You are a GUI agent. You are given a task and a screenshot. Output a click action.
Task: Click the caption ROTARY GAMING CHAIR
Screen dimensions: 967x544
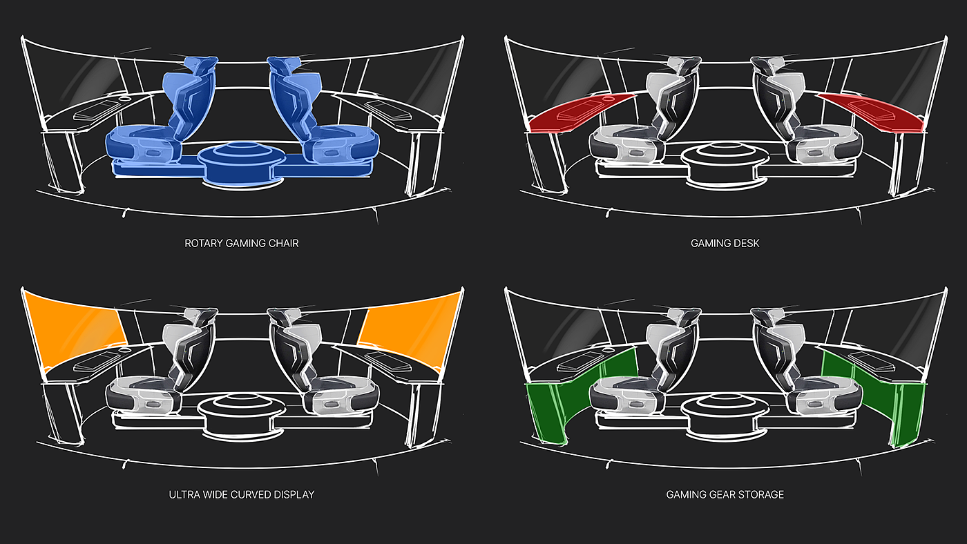pyautogui.click(x=241, y=243)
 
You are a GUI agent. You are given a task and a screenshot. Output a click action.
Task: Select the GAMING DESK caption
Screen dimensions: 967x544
pyautogui.click(x=725, y=243)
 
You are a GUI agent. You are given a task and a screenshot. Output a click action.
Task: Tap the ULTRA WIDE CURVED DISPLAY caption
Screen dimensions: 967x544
pyautogui.click(x=241, y=494)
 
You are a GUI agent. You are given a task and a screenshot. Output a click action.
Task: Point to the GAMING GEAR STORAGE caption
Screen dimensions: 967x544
pyautogui.click(x=725, y=494)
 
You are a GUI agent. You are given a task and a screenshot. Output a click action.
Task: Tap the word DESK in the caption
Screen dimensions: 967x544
pyautogui.click(x=745, y=243)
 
